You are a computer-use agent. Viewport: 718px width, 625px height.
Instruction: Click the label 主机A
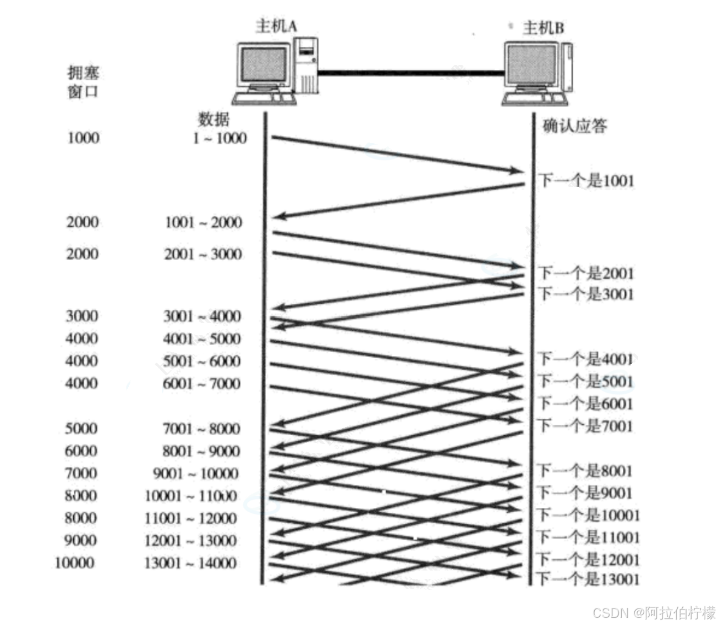[x=276, y=26]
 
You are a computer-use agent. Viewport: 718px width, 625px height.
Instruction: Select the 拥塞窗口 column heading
[x=83, y=82]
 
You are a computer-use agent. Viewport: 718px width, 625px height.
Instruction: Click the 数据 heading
[x=213, y=119]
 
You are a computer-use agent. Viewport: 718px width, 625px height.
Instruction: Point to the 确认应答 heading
[x=574, y=126]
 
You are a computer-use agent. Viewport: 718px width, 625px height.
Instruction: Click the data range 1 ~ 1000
[x=220, y=138]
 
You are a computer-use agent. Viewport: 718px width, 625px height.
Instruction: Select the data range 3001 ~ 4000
[x=202, y=316]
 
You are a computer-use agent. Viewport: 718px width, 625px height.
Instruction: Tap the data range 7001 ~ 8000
[x=201, y=429]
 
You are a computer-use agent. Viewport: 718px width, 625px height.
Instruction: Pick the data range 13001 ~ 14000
[x=190, y=563]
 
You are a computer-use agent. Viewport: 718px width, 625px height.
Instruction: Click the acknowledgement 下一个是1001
[x=586, y=180]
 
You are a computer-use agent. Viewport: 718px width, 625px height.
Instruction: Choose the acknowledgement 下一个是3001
[x=586, y=294]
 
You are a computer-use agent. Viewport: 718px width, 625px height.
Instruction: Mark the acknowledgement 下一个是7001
[x=586, y=426]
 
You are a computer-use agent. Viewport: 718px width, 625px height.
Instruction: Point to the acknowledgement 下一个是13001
[x=588, y=579]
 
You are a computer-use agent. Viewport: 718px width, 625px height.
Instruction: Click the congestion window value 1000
[x=83, y=138]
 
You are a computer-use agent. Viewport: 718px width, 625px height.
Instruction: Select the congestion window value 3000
[x=82, y=316]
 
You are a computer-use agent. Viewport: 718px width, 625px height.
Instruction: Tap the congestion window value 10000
[x=75, y=563]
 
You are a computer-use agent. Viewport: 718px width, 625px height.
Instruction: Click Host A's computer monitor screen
[x=264, y=64]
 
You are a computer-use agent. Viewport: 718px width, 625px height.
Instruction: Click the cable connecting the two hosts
[x=410, y=72]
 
